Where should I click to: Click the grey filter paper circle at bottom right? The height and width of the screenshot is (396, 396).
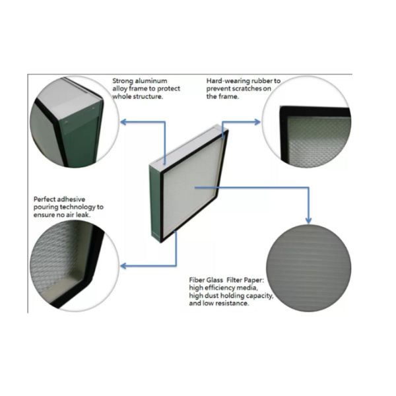tap(310, 269)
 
